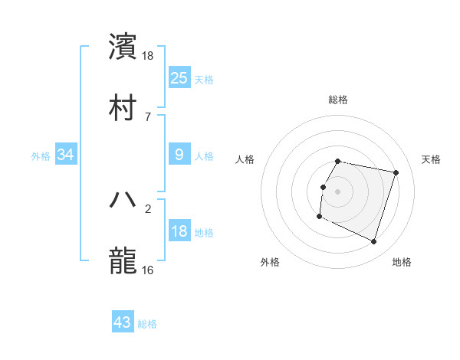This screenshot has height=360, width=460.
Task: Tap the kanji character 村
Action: [x=123, y=107]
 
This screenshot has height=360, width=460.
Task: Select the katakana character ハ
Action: [x=123, y=199]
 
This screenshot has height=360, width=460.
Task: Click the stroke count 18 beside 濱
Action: [x=148, y=55]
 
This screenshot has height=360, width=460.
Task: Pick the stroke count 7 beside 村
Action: [x=148, y=116]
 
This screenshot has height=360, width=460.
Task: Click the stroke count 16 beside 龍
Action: [x=148, y=270]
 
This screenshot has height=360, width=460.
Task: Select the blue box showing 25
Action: [x=179, y=78]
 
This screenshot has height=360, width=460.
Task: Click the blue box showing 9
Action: [x=179, y=155]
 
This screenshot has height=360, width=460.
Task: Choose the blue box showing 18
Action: [x=179, y=231]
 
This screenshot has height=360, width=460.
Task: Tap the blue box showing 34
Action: [x=66, y=155]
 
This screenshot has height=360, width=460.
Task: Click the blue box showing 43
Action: [x=123, y=322]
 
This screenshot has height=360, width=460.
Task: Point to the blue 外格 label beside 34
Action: [x=41, y=155]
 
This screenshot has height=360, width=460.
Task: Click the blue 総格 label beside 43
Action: [x=148, y=324]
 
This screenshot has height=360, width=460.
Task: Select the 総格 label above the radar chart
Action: [x=338, y=100]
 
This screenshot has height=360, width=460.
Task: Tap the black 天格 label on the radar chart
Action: [x=432, y=159]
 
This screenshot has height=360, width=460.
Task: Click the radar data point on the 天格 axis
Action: [x=396, y=172]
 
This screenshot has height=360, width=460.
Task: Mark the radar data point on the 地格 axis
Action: [x=373, y=241]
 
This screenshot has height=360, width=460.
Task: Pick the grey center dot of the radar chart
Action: [x=338, y=191]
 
